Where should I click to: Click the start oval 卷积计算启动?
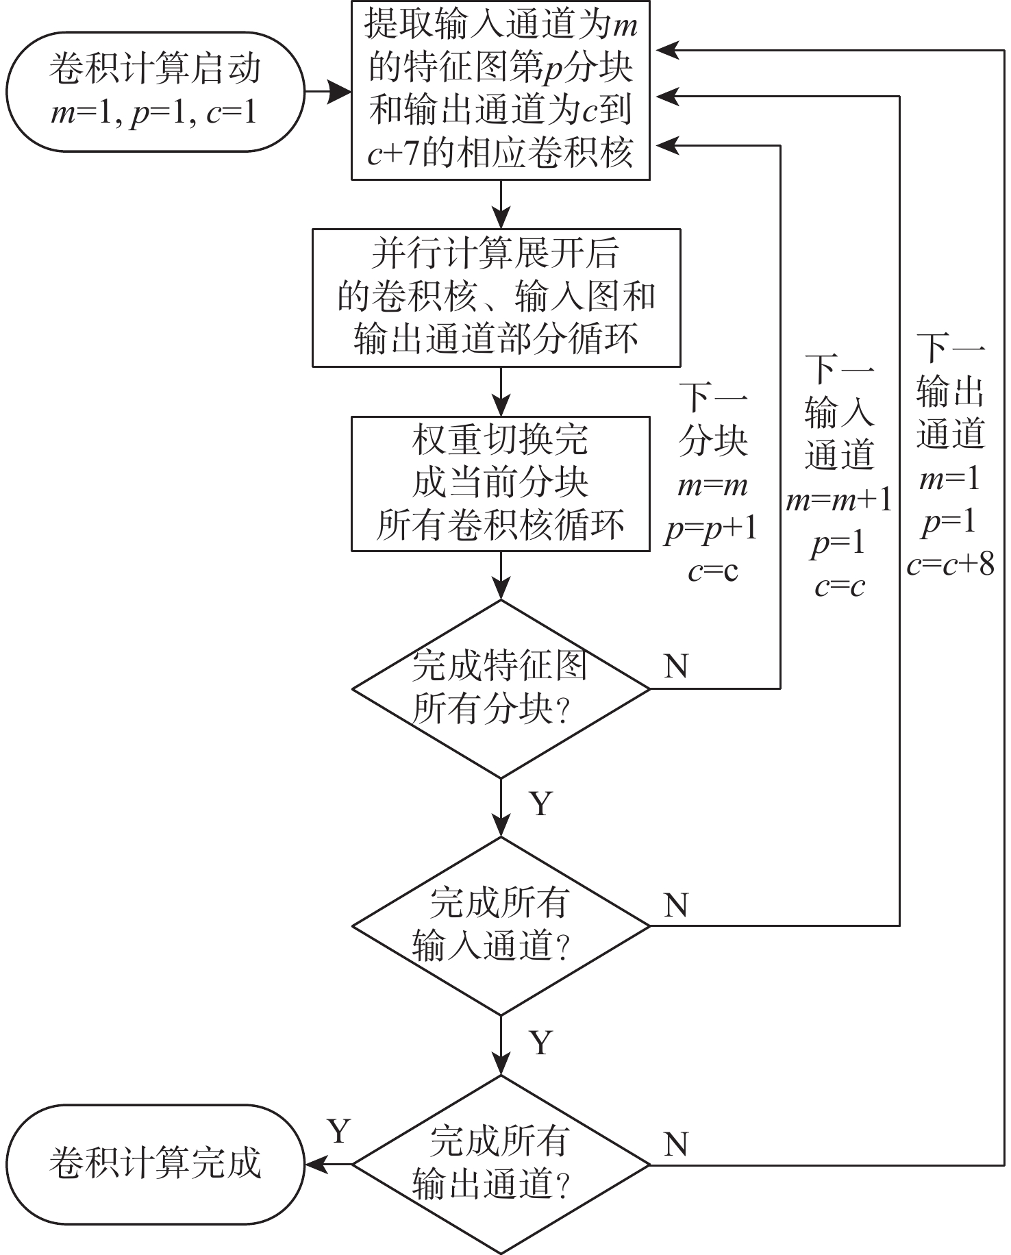coord(155,90)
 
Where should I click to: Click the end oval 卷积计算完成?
coord(155,1164)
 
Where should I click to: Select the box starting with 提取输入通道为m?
coord(500,90)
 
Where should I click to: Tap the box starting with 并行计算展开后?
coord(496,297)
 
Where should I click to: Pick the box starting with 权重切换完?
coord(500,483)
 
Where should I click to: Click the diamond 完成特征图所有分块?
coord(500,688)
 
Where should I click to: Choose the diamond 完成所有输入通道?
coord(500,925)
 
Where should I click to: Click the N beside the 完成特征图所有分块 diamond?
coord(676,666)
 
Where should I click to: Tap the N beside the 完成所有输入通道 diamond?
coord(676,905)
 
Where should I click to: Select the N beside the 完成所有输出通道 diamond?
coord(676,1144)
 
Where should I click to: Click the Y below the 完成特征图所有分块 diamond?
coord(541,804)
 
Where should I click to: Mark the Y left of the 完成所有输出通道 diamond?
coord(339,1132)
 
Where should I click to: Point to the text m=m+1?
coord(839,501)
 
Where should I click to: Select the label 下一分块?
coord(712,419)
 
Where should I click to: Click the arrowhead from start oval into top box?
coord(340,91)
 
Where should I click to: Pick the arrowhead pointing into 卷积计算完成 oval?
coord(315,1164)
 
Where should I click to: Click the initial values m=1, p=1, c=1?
coord(155,112)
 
